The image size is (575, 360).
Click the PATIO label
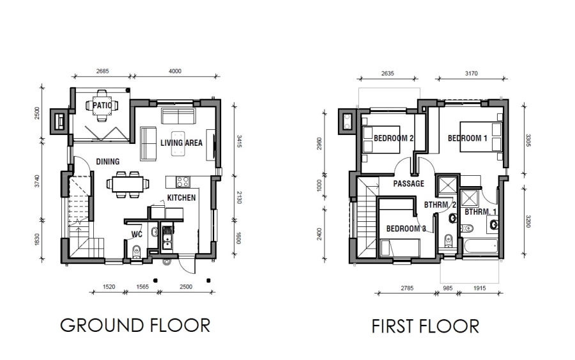coord(102,106)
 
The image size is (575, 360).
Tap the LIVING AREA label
coord(181,143)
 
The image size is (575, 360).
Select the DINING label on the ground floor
coord(108,162)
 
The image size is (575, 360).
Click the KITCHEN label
coord(181,198)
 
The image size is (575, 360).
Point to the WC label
coord(136,234)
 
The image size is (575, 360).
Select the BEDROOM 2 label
coord(394,138)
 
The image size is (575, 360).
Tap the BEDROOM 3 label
coord(406,228)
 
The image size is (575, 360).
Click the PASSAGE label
coord(408,184)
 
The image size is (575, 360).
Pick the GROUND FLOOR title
coord(135,325)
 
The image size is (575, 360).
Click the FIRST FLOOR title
coord(425,326)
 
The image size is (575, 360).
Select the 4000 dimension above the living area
coord(174,71)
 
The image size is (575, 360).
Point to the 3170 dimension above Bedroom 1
coord(471,73)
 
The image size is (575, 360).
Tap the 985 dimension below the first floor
coord(448,288)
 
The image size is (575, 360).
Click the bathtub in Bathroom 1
coord(480,248)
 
